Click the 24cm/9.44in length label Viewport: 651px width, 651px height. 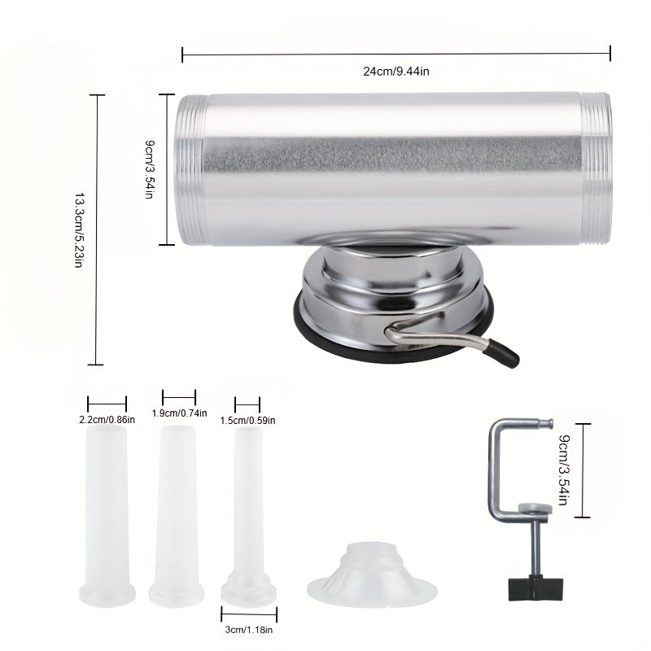point(395,71)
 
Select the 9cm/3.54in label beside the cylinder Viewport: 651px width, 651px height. point(151,170)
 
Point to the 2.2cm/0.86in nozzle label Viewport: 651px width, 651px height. point(107,420)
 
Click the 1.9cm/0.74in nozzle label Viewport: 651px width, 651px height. point(179,413)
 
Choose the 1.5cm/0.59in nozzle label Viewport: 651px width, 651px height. point(247,420)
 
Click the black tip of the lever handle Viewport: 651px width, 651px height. point(506,356)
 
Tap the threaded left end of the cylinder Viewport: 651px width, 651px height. point(188,170)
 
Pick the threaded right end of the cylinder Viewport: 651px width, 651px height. point(597,170)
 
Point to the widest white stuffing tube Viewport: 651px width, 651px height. point(107,513)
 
